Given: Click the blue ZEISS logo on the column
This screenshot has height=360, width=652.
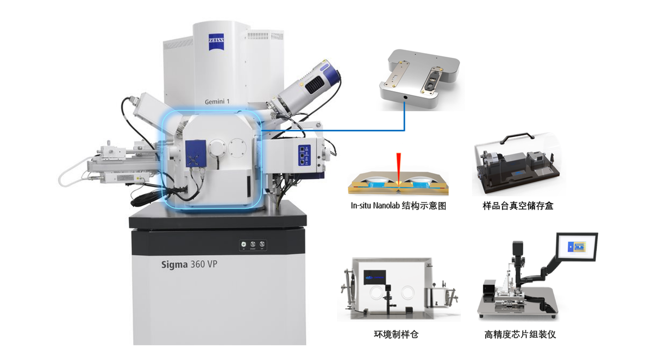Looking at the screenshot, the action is pyautogui.click(x=216, y=42).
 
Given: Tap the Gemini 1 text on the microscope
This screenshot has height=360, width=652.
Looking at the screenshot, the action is pyautogui.click(x=217, y=102).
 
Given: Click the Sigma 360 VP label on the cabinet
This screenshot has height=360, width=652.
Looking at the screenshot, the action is pyautogui.click(x=189, y=264).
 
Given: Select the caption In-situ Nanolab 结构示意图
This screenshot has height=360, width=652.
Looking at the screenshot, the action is pyautogui.click(x=398, y=206).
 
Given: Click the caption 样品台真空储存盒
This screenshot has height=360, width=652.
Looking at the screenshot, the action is pyautogui.click(x=518, y=206).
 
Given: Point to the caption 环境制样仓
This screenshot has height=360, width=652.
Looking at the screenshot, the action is pyautogui.click(x=396, y=334).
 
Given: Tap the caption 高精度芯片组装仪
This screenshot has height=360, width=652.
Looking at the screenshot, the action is pyautogui.click(x=520, y=334).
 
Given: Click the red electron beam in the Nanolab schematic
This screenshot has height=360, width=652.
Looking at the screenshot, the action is pyautogui.click(x=398, y=167).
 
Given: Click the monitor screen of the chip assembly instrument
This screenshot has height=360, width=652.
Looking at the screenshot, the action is pyautogui.click(x=577, y=247).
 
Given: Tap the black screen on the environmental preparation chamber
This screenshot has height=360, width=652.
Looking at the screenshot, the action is pyautogui.click(x=375, y=277).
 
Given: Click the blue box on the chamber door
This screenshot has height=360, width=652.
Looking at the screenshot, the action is pyautogui.click(x=196, y=154).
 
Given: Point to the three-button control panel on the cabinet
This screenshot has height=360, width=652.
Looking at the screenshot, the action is pyautogui.click(x=253, y=245).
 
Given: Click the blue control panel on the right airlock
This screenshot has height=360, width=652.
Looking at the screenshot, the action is pyautogui.click(x=304, y=155).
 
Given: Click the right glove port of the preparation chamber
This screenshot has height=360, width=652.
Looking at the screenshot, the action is pyautogui.click(x=407, y=293).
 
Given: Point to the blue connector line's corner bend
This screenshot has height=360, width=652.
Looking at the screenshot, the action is pyautogui.click(x=404, y=130).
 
